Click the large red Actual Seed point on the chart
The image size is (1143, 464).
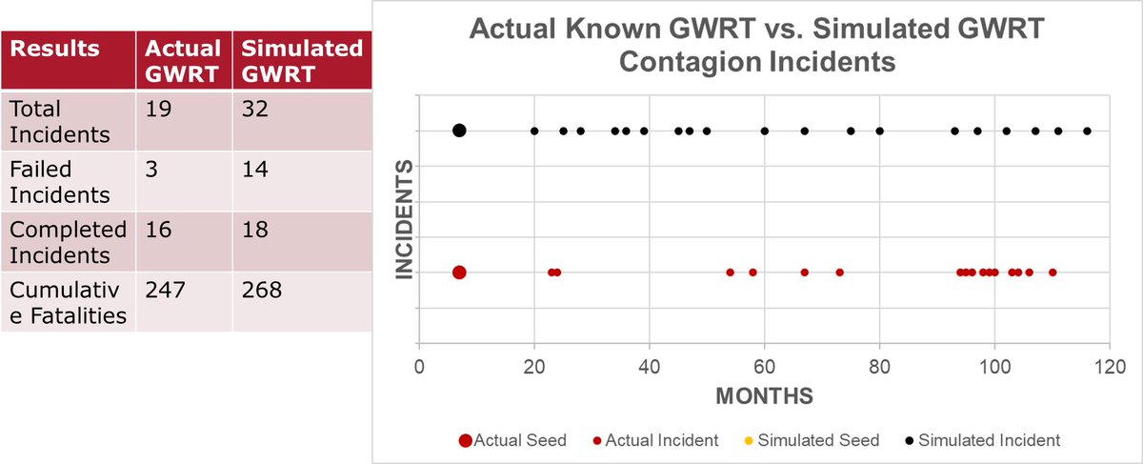[459, 272]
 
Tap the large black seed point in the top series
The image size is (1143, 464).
[459, 131]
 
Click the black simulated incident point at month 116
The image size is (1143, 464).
[1087, 131]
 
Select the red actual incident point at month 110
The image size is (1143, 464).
[1053, 272]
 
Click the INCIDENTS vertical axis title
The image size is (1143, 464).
[404, 219]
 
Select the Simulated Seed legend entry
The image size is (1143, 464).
[825, 440]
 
